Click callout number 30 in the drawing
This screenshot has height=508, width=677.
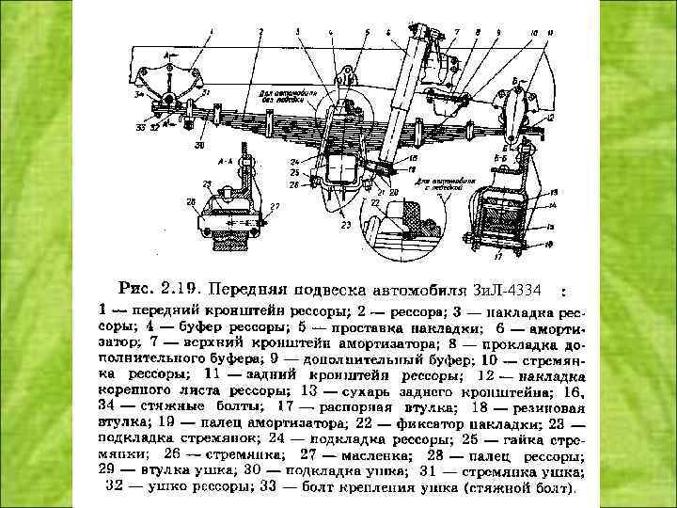coord(199,146)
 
